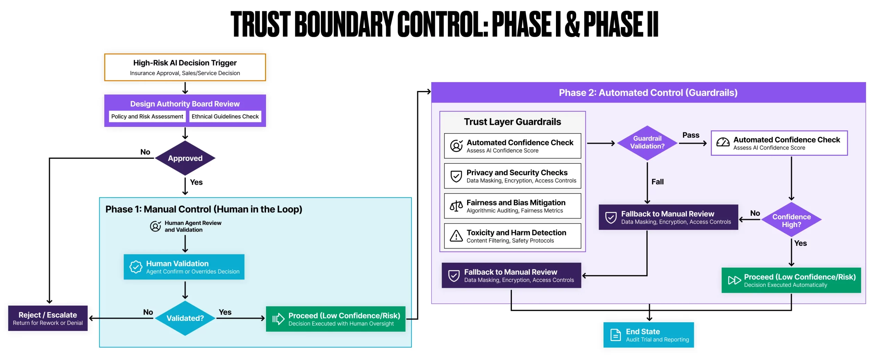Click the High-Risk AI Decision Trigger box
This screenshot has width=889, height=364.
click(185, 67)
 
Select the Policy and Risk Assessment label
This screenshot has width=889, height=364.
click(147, 116)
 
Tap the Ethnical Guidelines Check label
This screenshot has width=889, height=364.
click(225, 116)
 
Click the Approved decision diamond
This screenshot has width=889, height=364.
click(185, 158)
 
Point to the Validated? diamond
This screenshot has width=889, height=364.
click(185, 318)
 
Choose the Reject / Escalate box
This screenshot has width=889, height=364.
click(48, 318)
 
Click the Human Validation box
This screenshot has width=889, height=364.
click(184, 267)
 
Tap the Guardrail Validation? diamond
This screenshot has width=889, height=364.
click(647, 143)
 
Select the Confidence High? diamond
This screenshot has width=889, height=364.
click(791, 220)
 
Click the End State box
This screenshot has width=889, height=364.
click(648, 335)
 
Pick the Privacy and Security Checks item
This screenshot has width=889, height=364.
click(512, 176)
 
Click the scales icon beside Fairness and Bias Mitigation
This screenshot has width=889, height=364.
click(456, 206)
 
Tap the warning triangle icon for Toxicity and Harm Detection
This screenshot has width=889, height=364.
click(456, 236)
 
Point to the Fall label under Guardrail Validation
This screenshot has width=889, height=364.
click(657, 182)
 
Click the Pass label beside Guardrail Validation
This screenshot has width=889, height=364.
click(691, 135)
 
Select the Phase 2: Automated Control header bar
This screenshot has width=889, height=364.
click(648, 92)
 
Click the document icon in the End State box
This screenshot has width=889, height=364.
click(615, 335)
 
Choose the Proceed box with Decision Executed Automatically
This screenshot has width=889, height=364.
click(791, 280)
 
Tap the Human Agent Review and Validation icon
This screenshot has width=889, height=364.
click(155, 226)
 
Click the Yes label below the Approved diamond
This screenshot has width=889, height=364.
click(196, 182)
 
